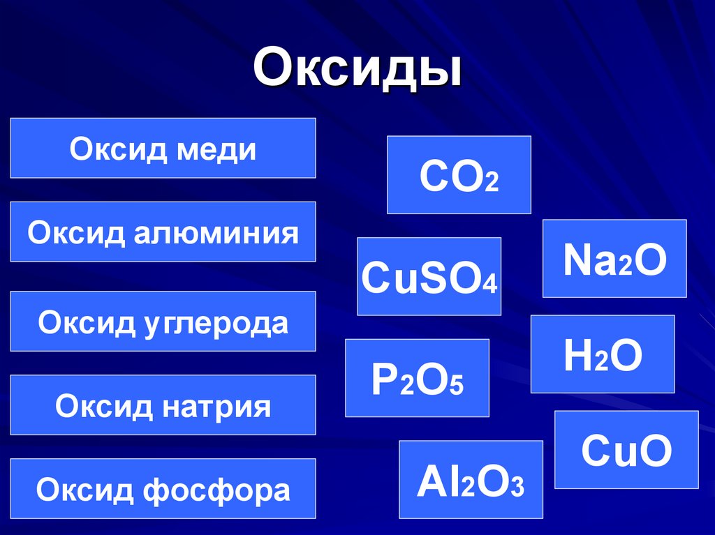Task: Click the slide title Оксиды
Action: (x=357, y=68)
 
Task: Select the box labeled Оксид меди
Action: (x=163, y=148)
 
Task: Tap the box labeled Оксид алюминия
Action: (x=163, y=232)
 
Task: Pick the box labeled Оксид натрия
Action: (x=163, y=405)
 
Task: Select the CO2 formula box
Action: (x=459, y=174)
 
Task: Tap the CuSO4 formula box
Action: (x=429, y=276)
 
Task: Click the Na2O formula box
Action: (x=614, y=259)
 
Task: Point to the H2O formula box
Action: (x=603, y=354)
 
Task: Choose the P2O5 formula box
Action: (x=417, y=378)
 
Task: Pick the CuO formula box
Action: (x=626, y=449)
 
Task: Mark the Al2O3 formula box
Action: (x=471, y=480)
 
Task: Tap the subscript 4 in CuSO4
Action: (x=492, y=284)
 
